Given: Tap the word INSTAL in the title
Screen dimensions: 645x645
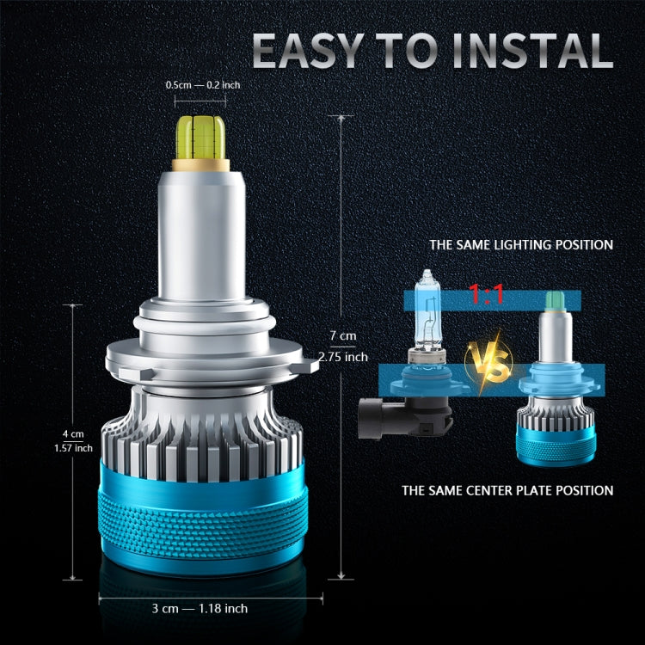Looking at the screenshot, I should (x=533, y=51).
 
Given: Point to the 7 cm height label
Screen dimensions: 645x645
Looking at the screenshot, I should (x=342, y=335).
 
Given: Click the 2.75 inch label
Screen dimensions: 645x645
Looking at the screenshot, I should (x=342, y=356).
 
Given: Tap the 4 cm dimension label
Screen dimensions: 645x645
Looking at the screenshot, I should (x=72, y=433).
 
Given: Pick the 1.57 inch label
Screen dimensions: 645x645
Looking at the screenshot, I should (x=72, y=447).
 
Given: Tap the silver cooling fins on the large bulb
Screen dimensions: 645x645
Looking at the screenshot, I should (x=203, y=430).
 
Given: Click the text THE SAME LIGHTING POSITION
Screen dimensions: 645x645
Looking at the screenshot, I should (x=521, y=245).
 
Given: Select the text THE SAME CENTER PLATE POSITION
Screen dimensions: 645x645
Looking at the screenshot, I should (x=507, y=491).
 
